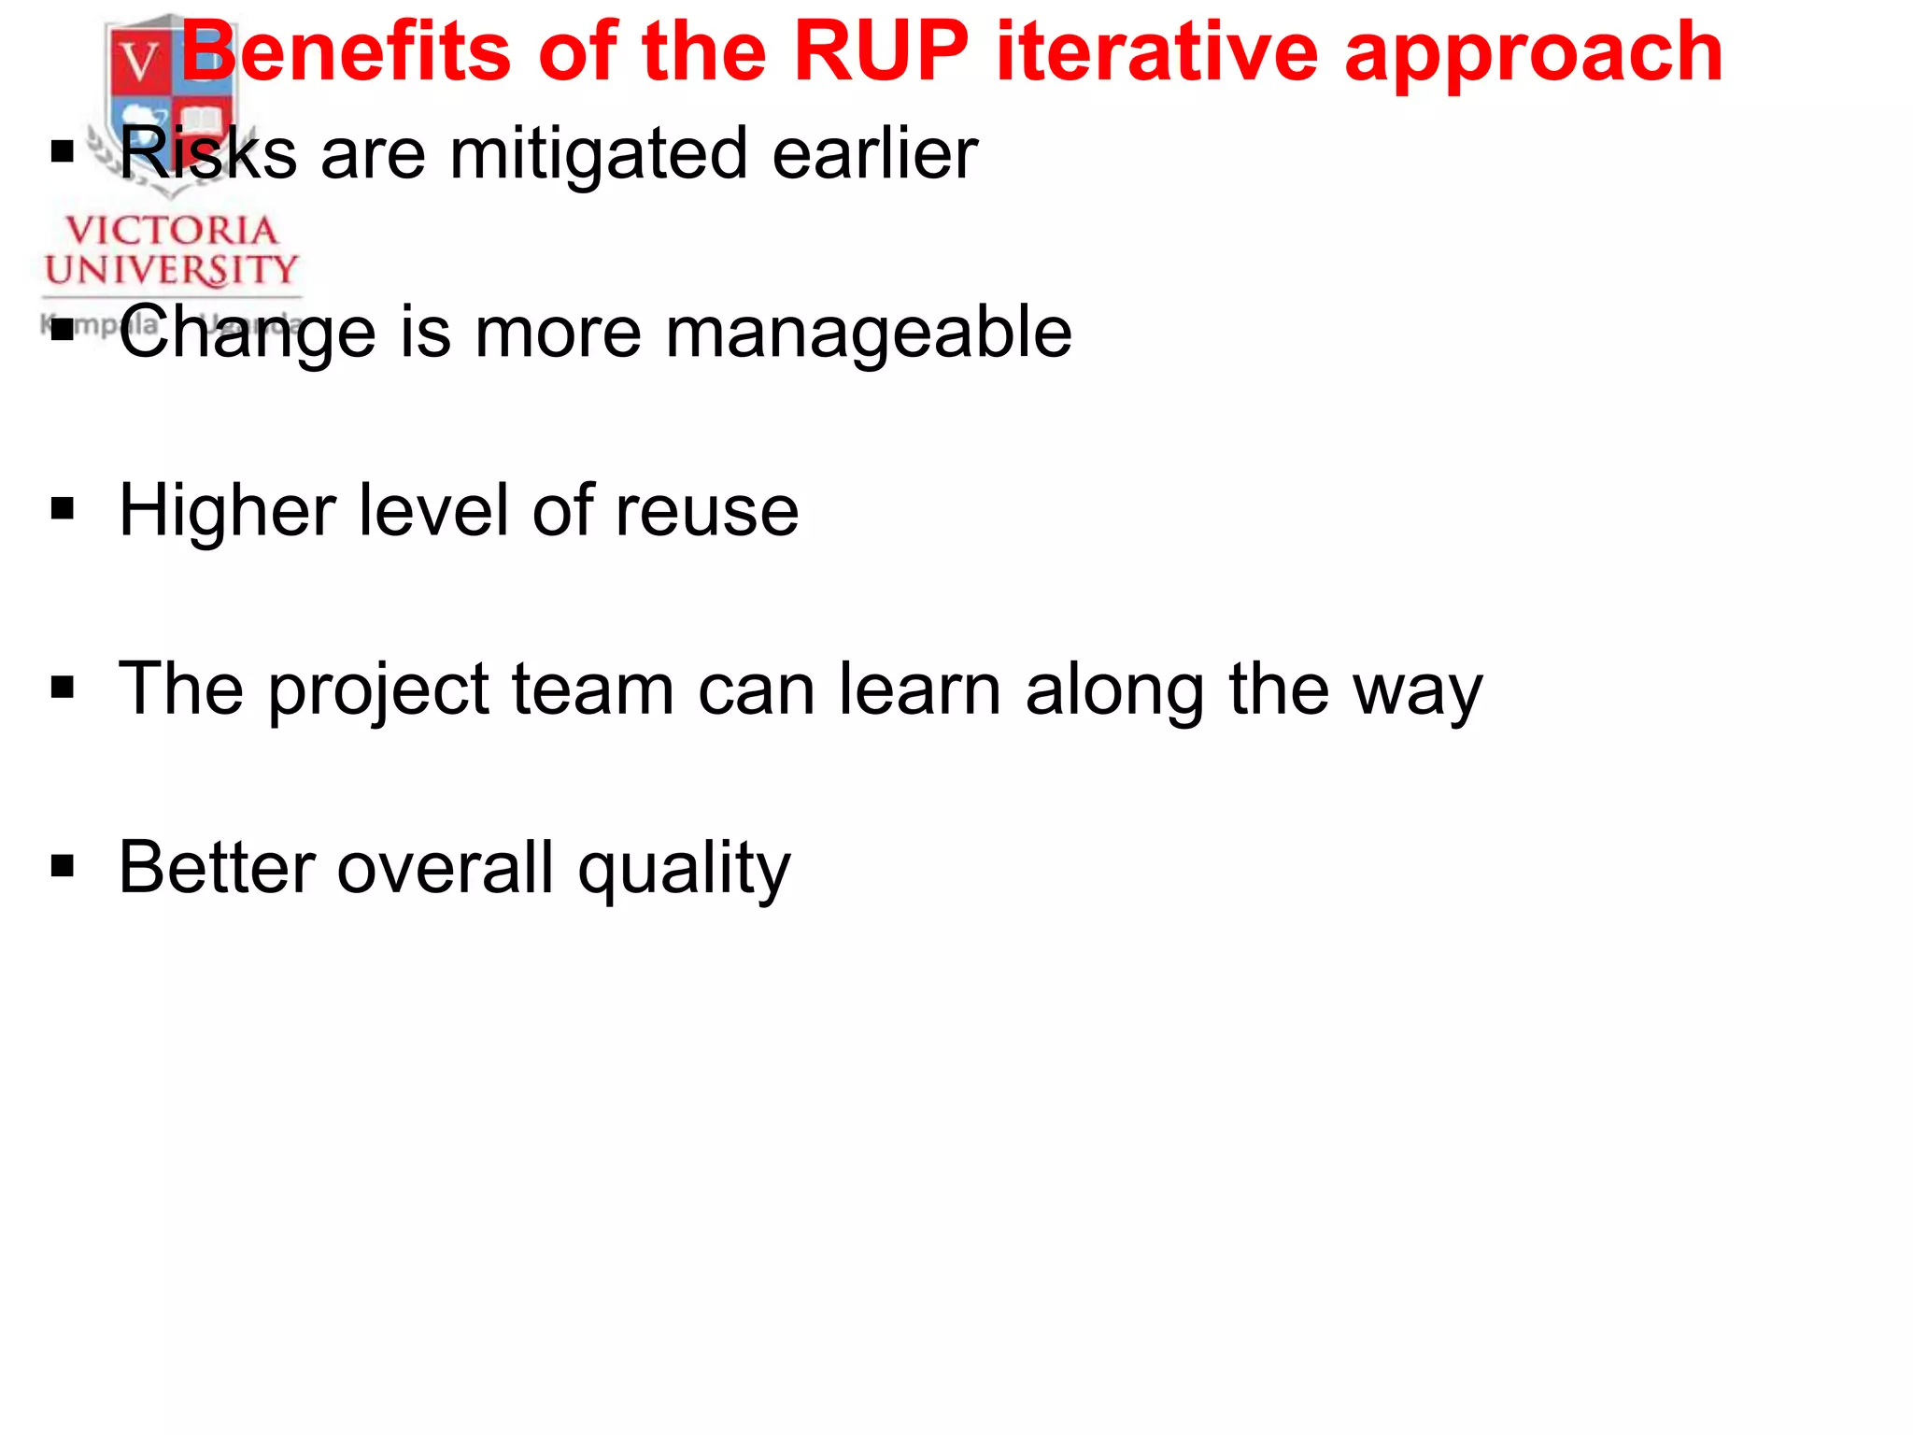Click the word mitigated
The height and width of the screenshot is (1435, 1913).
tap(599, 154)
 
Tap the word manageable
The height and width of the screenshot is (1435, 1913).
tap(868, 334)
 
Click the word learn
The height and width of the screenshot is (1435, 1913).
tap(919, 689)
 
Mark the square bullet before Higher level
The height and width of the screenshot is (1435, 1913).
tap(63, 510)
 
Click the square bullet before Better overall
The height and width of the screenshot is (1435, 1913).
tap(63, 867)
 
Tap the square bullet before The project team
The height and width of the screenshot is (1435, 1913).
tap(63, 689)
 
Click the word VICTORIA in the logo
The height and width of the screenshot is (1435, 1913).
tap(171, 231)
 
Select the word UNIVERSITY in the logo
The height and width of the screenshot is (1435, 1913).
tap(171, 270)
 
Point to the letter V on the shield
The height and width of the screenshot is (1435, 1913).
tap(141, 62)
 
